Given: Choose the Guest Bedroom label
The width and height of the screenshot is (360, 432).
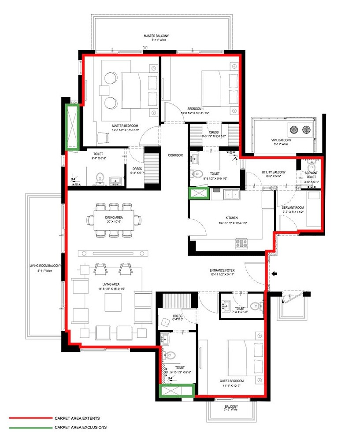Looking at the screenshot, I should click(x=231, y=381).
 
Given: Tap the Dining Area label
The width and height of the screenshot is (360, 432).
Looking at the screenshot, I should click(x=113, y=218).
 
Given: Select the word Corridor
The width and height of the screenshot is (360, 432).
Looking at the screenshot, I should click(x=175, y=155).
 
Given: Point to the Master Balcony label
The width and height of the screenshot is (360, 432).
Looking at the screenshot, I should click(x=156, y=36).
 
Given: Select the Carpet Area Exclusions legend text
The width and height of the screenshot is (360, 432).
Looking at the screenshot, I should click(x=80, y=427).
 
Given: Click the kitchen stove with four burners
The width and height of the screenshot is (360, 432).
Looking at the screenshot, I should click(x=241, y=242).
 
